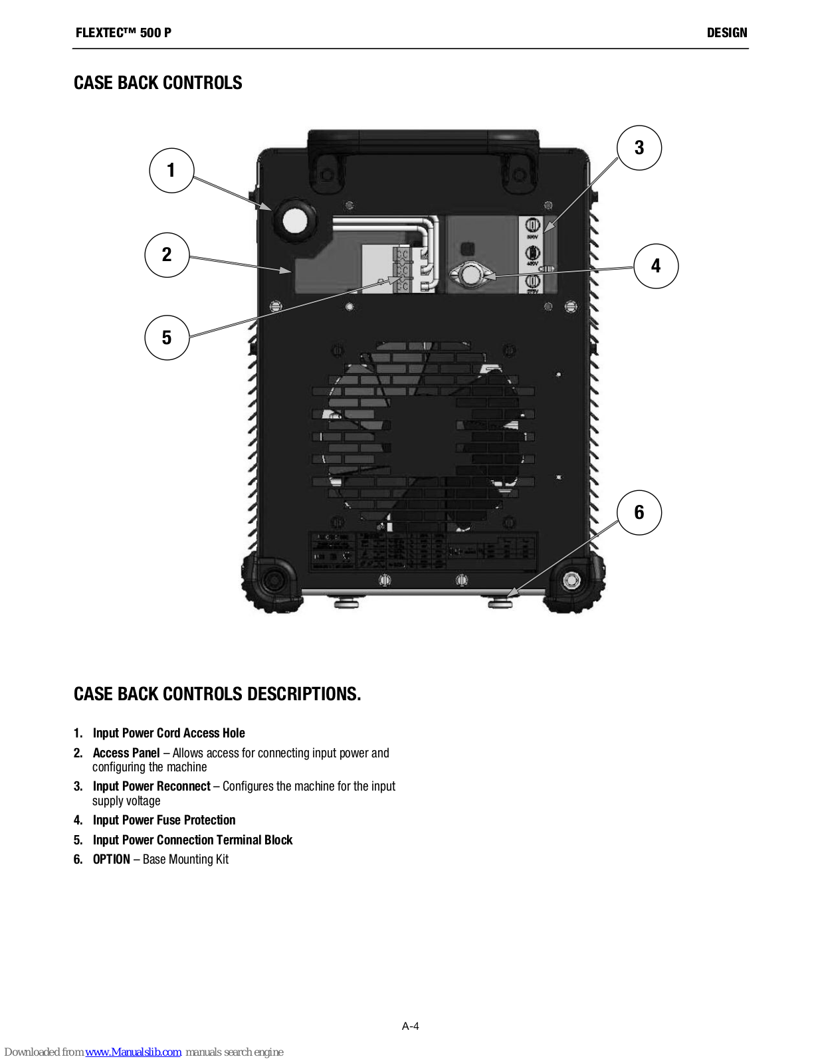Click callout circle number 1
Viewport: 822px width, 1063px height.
tap(171, 171)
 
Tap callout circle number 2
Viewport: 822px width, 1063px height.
tap(167, 255)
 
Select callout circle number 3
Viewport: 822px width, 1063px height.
tap(639, 147)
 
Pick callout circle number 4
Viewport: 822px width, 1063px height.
tap(656, 266)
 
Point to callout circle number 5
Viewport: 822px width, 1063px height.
tap(167, 338)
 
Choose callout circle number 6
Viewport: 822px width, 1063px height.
tap(639, 512)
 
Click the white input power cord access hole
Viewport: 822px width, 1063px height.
tap(294, 220)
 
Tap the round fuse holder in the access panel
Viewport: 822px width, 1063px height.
tap(470, 274)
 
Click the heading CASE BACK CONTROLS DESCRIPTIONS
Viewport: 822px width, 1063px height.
tap(217, 694)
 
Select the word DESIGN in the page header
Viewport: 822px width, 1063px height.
tap(726, 33)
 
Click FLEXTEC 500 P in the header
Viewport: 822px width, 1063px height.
tap(124, 33)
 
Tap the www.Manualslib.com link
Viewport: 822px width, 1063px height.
tap(133, 1052)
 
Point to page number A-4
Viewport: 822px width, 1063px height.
tap(410, 1026)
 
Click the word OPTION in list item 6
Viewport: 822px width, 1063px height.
tap(112, 859)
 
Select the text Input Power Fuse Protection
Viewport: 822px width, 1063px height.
tap(164, 820)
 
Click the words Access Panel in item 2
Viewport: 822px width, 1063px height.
tap(126, 753)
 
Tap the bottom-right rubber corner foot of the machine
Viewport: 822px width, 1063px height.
tap(572, 582)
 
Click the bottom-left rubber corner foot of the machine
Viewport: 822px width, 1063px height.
tap(271, 582)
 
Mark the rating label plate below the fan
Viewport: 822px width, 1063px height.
tap(423, 551)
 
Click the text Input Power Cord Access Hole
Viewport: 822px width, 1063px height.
tap(169, 733)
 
